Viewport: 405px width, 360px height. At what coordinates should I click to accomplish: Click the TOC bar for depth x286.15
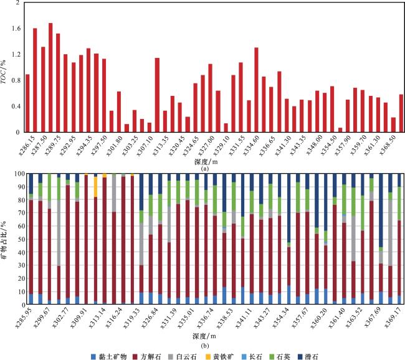tap(27, 103)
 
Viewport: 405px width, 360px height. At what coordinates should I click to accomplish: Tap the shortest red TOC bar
tap(340, 130)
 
